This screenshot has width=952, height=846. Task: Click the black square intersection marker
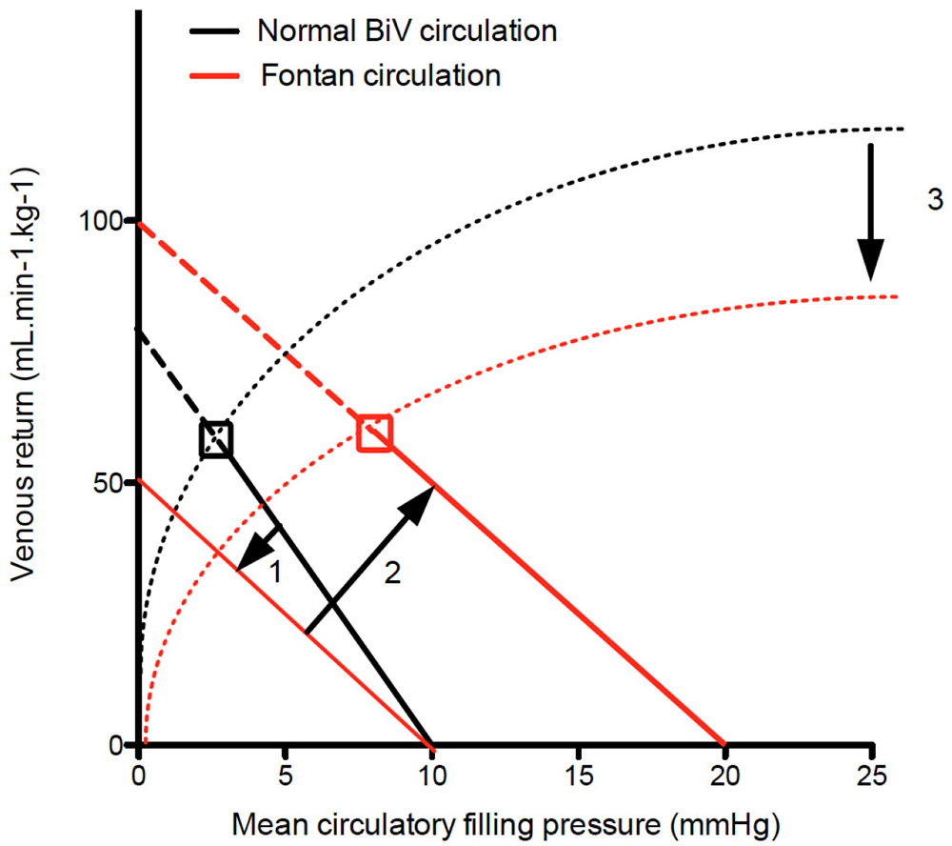216,439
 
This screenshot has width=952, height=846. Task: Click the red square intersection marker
374,433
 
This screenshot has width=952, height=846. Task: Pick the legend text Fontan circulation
381,75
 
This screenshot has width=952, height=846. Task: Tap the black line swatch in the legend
212,30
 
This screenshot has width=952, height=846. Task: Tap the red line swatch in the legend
212,76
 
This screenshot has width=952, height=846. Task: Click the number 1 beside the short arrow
273,574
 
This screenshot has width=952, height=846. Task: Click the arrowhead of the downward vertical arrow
870,262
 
